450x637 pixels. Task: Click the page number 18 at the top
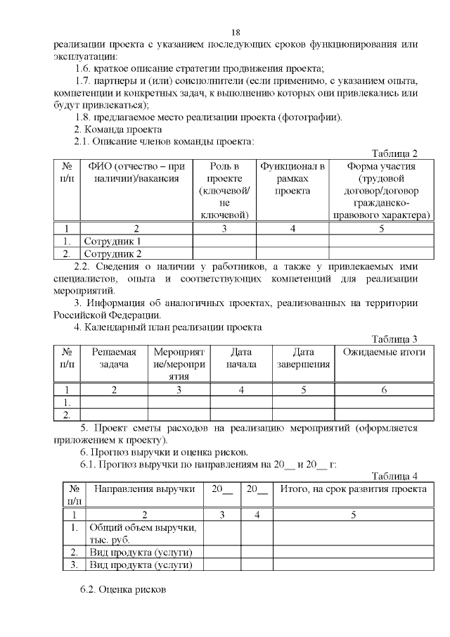pyautogui.click(x=236, y=32)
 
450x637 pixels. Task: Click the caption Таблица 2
pyautogui.click(x=394, y=153)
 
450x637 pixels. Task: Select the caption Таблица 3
pyautogui.click(x=394, y=339)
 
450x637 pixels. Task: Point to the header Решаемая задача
pyautogui.click(x=113, y=358)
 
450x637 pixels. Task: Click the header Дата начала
pyautogui.click(x=242, y=358)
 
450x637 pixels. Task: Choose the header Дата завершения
pyautogui.click(x=303, y=358)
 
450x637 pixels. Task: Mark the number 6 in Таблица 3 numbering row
pyautogui.click(x=384, y=389)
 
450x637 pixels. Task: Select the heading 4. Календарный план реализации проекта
pyautogui.click(x=168, y=327)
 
